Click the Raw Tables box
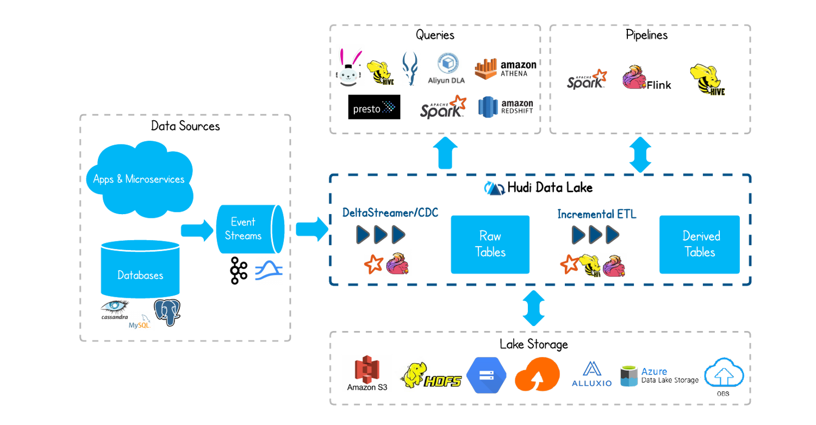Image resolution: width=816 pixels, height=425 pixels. click(490, 245)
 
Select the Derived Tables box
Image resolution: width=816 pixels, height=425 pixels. click(700, 245)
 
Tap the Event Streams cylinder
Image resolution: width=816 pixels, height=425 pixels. click(250, 229)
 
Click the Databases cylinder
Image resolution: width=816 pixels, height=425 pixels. click(140, 269)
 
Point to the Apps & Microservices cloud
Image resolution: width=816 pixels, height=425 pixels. click(140, 179)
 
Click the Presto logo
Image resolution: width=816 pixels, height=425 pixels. click(374, 107)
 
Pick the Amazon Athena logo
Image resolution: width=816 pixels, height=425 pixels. click(506, 68)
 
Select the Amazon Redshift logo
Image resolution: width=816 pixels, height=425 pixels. click(506, 107)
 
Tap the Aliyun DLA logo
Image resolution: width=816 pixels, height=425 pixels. click(447, 68)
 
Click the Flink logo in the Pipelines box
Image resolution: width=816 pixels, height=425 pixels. click(646, 78)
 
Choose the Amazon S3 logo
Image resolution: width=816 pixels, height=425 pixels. click(367, 373)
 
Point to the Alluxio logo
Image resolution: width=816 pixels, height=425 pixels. click(591, 374)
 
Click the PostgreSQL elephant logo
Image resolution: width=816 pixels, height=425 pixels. click(167, 312)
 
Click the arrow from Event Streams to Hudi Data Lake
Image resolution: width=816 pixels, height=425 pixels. click(312, 229)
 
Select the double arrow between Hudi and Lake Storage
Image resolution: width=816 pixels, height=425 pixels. click(534, 308)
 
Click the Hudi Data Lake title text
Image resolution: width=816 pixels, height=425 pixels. click(550, 187)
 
